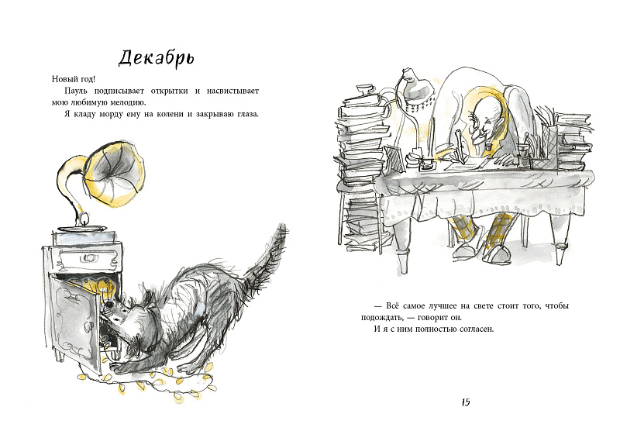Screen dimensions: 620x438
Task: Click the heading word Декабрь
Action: (157, 59)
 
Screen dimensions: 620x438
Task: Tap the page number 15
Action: (466, 402)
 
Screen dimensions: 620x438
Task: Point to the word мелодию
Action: (130, 102)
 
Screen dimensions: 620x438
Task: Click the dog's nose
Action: (108, 306)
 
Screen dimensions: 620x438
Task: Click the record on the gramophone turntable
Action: (82, 228)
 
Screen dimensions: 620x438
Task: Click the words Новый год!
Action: (74, 79)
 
